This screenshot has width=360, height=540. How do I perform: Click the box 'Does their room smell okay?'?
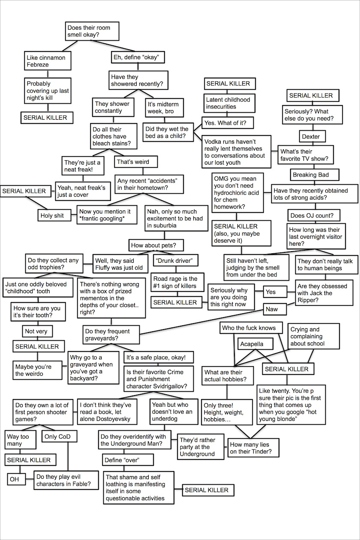[91, 31]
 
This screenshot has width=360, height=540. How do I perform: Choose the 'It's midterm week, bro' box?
[165, 108]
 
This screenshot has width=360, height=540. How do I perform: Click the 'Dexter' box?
[311, 137]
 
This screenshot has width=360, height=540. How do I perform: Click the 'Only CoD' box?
[60, 437]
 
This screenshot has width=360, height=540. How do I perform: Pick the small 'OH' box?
[14, 479]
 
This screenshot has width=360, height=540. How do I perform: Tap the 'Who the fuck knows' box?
[252, 328]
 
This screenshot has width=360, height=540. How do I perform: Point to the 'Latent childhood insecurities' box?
[228, 103]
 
